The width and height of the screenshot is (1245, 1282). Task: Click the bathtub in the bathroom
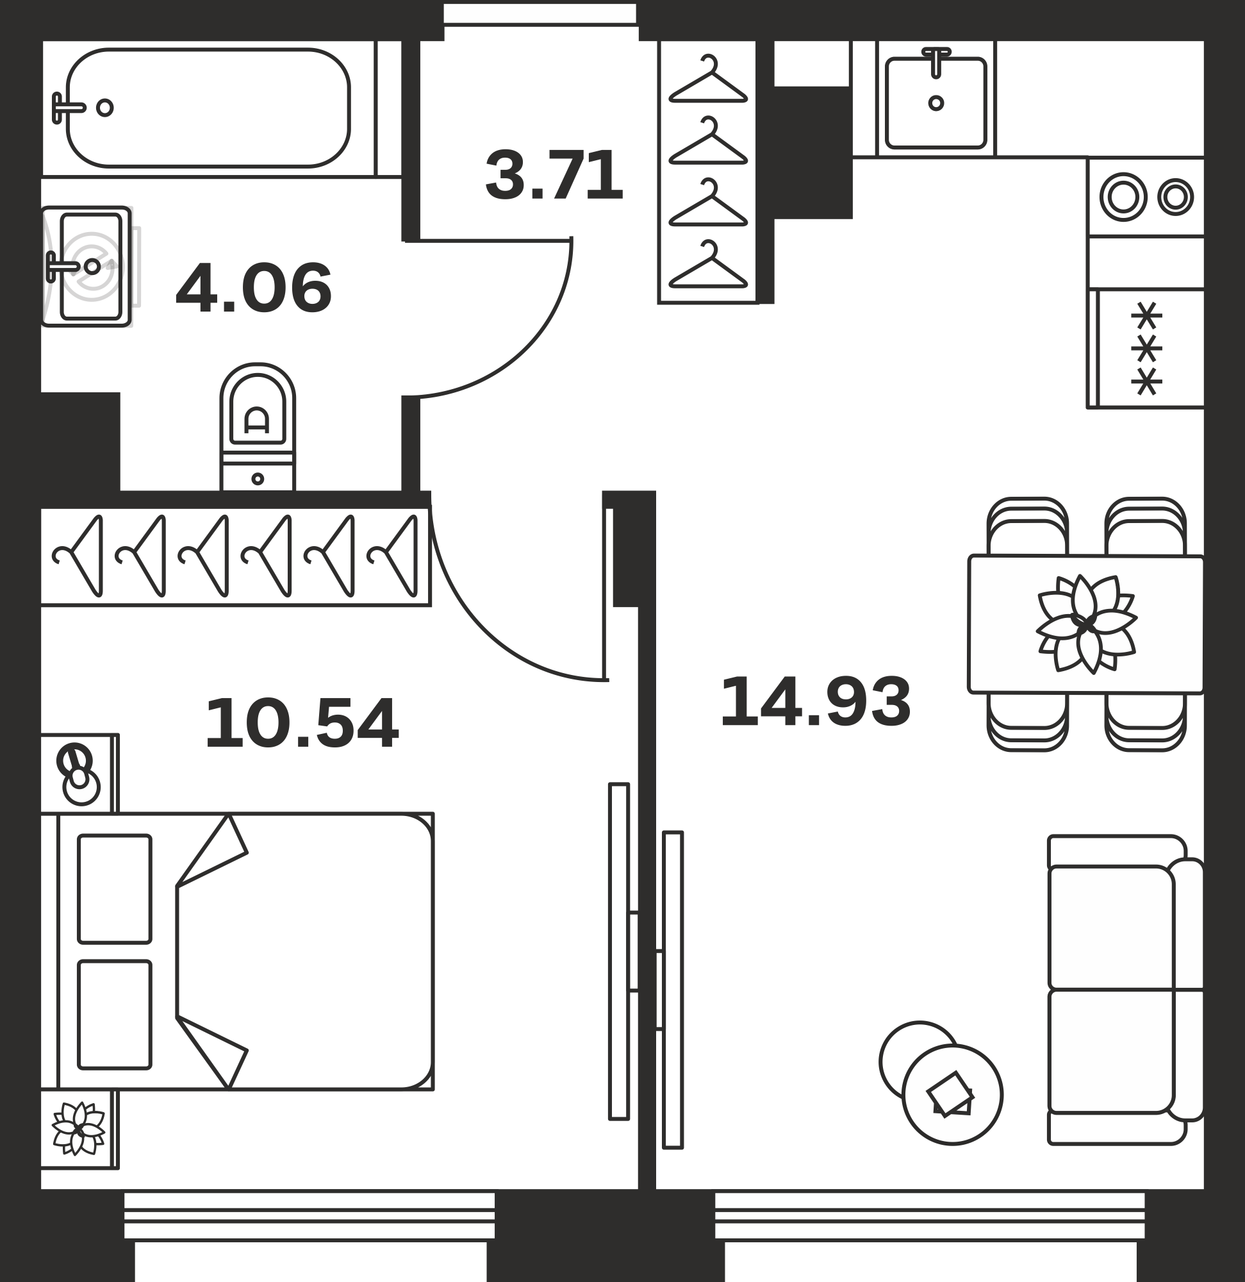tap(208, 108)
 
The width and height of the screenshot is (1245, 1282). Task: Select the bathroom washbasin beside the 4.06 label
tap(87, 266)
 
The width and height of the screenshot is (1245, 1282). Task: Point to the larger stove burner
tap(1123, 197)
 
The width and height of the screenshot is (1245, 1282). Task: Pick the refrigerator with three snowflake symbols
tap(1146, 349)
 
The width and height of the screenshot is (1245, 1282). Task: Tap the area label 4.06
tap(254, 288)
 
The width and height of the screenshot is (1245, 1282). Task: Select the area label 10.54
tap(301, 724)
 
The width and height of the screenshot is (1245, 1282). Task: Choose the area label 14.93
tap(815, 703)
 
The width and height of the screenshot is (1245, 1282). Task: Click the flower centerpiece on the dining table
tap(1086, 624)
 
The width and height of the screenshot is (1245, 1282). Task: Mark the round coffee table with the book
tap(952, 1094)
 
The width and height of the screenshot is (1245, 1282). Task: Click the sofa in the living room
tap(1125, 990)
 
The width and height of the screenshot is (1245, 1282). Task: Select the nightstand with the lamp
tap(79, 774)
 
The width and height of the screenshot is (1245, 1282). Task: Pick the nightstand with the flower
tap(79, 1129)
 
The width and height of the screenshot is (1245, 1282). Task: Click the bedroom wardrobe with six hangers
tap(235, 556)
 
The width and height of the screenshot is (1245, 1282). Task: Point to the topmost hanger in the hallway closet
tap(708, 79)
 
